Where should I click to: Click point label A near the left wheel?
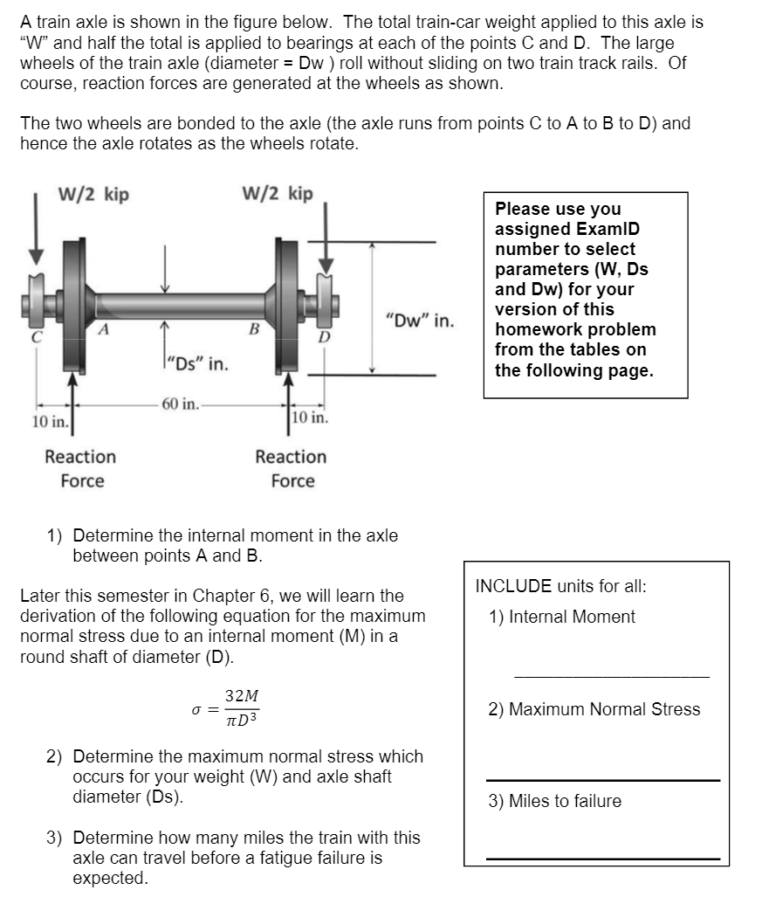tap(103, 329)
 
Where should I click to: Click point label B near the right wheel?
tap(254, 329)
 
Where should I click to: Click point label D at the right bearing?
tap(323, 336)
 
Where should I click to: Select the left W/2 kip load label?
tap(93, 195)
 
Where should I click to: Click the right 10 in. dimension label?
tap(310, 417)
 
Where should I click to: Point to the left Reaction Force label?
tap(80, 469)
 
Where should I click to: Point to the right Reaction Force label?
tap(291, 469)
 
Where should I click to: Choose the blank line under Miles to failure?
tap(602, 859)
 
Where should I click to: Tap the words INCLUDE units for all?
tap(560, 586)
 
